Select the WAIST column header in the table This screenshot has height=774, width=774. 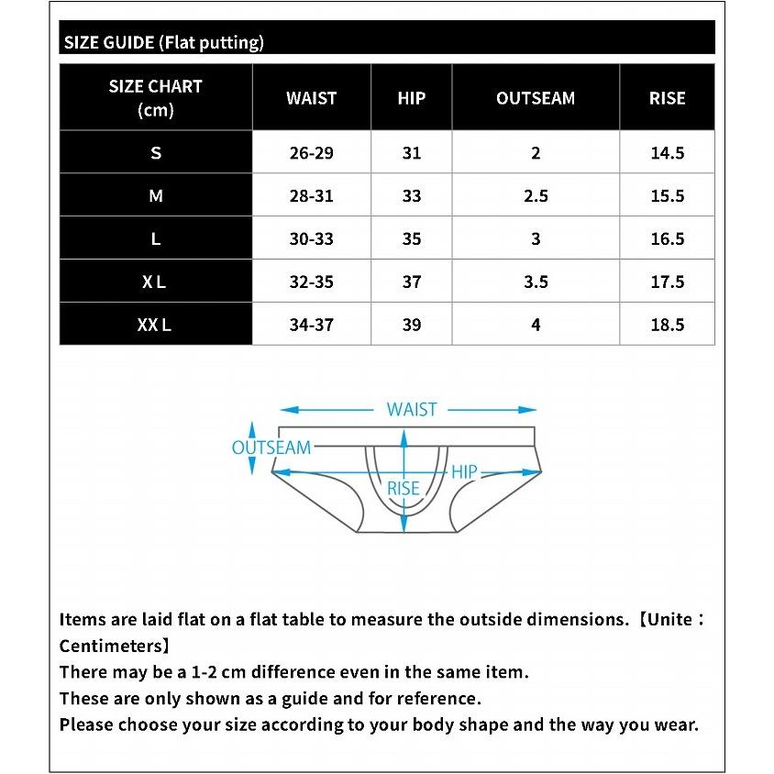click(311, 98)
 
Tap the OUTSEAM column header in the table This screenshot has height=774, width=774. click(536, 98)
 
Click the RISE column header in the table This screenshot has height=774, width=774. click(667, 98)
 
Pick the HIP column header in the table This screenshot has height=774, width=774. click(412, 98)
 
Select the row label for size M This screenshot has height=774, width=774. click(156, 195)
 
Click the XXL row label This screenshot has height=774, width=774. click(155, 325)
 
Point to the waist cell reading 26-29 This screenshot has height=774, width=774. click(311, 153)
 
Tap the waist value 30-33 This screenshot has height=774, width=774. click(311, 239)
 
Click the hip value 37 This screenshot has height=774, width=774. click(412, 282)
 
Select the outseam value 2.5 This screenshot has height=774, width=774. click(536, 196)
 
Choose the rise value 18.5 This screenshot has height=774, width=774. click(667, 325)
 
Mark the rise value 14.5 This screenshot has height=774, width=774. click(667, 153)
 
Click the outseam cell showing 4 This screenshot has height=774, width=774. click(536, 325)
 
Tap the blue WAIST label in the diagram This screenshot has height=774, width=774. click(412, 410)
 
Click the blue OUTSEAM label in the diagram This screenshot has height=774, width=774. click(271, 448)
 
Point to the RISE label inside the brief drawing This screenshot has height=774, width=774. click(403, 489)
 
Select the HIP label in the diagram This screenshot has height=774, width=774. click(464, 472)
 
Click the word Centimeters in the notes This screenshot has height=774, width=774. click(111, 646)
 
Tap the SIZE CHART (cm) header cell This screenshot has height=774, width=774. click(155, 98)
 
